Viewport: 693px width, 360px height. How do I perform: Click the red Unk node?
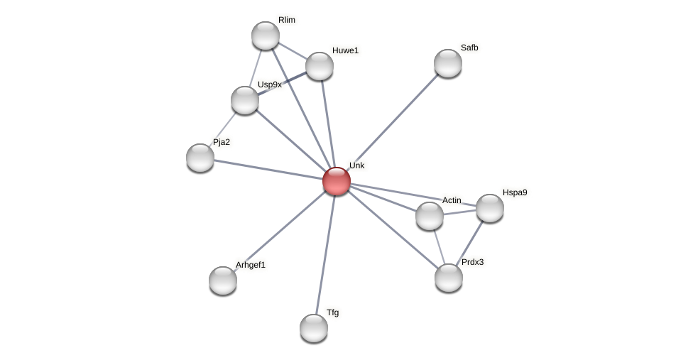tap(337, 181)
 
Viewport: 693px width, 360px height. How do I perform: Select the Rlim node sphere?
tap(266, 36)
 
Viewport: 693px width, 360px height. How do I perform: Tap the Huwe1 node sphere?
tap(320, 66)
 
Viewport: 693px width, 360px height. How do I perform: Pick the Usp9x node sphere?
tap(245, 100)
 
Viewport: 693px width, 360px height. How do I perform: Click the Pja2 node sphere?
tap(200, 157)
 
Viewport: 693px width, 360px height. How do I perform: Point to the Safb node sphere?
tap(448, 63)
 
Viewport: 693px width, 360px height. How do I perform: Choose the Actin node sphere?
tap(430, 216)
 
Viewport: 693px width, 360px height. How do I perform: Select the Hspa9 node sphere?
tap(490, 208)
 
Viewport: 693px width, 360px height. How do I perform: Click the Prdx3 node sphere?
tap(449, 278)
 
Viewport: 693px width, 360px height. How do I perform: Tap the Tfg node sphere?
tap(314, 328)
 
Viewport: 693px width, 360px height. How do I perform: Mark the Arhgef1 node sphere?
tap(223, 280)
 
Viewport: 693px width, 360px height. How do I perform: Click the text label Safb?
tap(469, 48)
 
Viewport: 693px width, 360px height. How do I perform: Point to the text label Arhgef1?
tap(251, 265)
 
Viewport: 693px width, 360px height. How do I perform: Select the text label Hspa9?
tap(515, 192)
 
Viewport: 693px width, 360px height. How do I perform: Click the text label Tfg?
tap(332, 312)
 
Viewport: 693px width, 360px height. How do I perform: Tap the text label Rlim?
tap(287, 20)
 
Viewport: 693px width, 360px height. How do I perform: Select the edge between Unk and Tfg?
tap(325, 254)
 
